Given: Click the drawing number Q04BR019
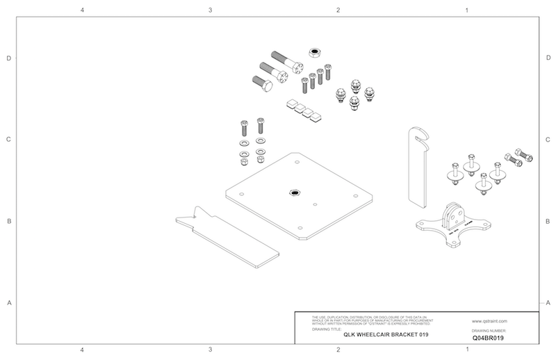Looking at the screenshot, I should point(487,337).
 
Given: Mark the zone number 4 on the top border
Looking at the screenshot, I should point(82,10).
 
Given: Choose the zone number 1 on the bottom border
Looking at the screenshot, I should point(466,349).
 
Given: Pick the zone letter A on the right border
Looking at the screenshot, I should point(548,302).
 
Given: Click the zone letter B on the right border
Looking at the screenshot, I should point(548,222).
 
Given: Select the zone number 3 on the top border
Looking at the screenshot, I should point(210,10).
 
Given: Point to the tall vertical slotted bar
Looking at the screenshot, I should point(416,167).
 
